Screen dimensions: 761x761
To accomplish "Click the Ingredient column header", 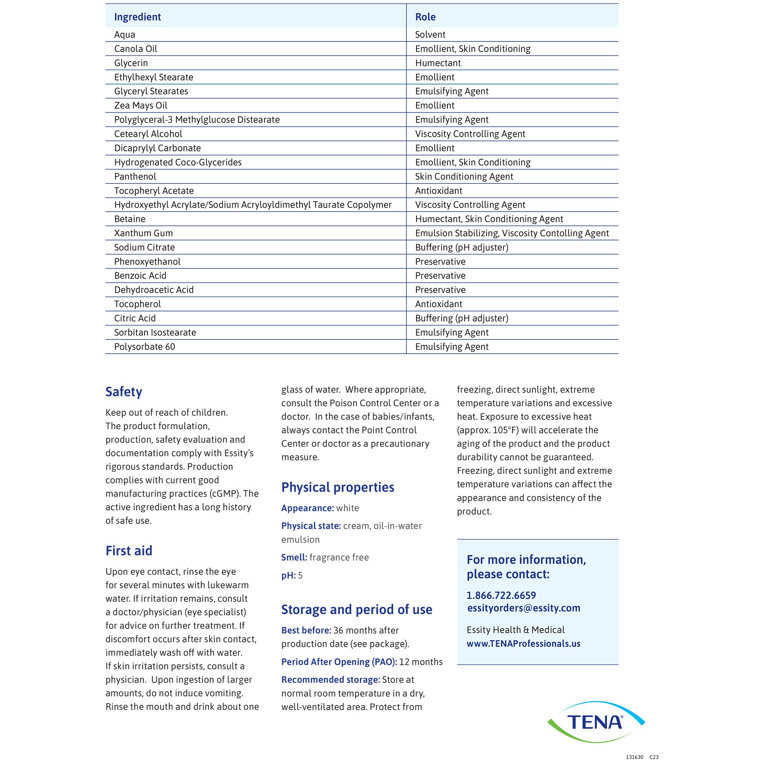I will pos(137,17).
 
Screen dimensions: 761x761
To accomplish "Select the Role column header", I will pos(425,17).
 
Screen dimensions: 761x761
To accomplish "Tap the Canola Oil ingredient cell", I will pos(135,49).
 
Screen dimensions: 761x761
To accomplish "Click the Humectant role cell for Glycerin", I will pos(438,63).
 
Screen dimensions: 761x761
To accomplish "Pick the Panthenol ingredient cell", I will pos(135,177).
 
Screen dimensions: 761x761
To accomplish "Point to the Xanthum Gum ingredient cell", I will pos(143,233).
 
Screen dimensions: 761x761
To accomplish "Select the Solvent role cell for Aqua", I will pos(430,35).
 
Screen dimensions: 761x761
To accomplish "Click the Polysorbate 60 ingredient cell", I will pos(145,347).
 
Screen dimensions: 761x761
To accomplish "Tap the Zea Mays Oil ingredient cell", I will pos(141,105).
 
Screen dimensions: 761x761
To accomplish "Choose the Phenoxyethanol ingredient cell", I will pos(147,261).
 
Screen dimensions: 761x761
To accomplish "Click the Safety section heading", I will pos(124,392).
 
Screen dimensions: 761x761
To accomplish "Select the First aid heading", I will pos(129,551).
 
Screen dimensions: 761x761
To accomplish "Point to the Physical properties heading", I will pos(338,487).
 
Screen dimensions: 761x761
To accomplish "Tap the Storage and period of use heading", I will pos(357,609).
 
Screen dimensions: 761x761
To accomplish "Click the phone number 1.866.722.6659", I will pos(501,595).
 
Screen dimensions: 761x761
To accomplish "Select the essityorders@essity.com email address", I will pos(524,608).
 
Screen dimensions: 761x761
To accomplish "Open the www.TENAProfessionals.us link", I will pos(524,644).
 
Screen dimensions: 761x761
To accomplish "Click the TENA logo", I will pos(595,722).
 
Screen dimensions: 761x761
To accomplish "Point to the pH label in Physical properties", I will pos(288,575).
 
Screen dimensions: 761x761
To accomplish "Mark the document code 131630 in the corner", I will pos(634,757).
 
